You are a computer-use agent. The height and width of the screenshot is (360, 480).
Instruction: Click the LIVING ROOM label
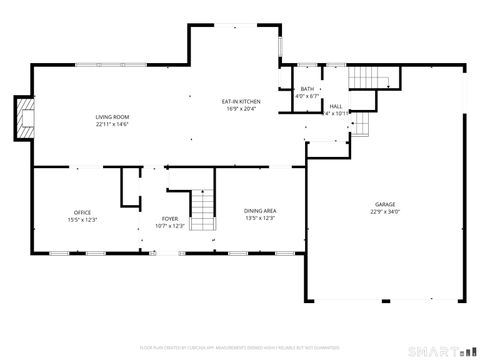pyautogui.click(x=112, y=117)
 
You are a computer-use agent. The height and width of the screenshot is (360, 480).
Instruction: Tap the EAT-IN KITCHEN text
pyautogui.click(x=241, y=101)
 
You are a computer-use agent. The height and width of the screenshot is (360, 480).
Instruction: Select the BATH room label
pyautogui.click(x=307, y=89)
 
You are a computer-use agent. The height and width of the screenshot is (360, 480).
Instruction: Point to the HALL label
pyautogui.click(x=335, y=106)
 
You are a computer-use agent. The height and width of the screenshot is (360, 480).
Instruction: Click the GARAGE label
pyautogui.click(x=385, y=203)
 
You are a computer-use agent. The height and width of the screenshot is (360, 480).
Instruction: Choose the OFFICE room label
pyautogui.click(x=82, y=212)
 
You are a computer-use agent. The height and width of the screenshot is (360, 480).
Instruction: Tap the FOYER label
pyautogui.click(x=171, y=218)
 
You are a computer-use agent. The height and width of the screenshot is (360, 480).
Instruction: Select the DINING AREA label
pyautogui.click(x=260, y=211)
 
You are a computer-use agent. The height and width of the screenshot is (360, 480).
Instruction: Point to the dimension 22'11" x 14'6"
pyautogui.click(x=112, y=125)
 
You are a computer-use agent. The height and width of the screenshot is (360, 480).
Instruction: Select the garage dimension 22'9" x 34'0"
pyautogui.click(x=385, y=211)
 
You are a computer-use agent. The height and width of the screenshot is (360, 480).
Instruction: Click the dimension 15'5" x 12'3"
pyautogui.click(x=82, y=219)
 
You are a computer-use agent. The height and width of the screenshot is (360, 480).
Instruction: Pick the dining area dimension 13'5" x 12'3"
pyautogui.click(x=260, y=218)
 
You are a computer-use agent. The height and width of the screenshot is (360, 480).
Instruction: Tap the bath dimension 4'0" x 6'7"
pyautogui.click(x=307, y=97)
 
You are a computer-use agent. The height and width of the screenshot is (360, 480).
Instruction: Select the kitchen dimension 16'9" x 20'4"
pyautogui.click(x=241, y=108)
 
